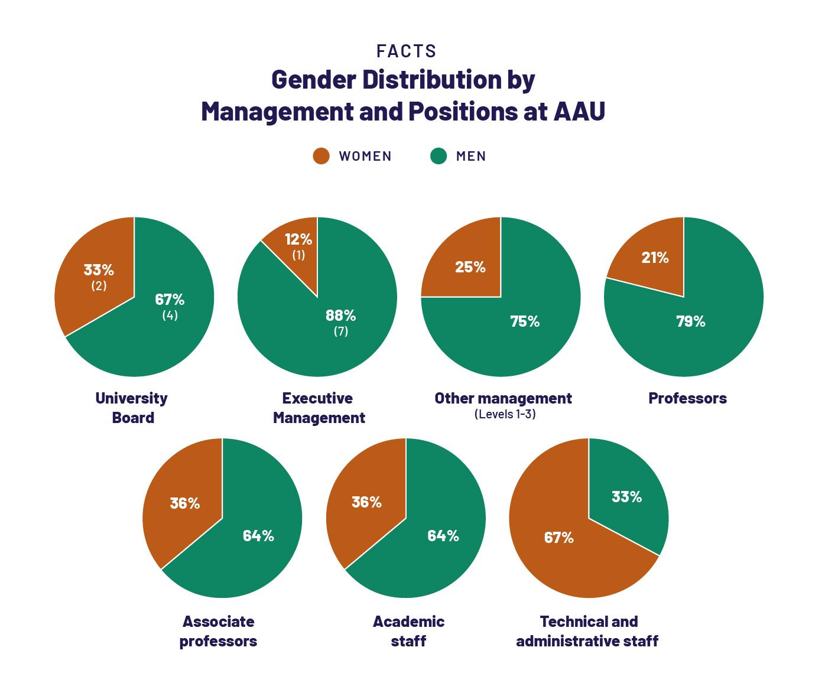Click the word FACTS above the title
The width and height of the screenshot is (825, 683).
(x=406, y=51)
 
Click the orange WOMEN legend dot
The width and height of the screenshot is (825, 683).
(x=321, y=156)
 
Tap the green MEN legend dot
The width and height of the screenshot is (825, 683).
(x=438, y=156)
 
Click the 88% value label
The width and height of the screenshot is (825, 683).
(x=340, y=316)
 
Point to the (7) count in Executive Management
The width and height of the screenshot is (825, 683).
(x=340, y=331)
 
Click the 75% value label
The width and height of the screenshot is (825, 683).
(x=525, y=321)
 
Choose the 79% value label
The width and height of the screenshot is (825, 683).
(x=691, y=321)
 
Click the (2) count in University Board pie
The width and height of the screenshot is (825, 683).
(x=99, y=285)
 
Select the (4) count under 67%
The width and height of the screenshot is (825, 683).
(x=170, y=316)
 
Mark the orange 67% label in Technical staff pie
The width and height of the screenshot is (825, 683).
(x=558, y=538)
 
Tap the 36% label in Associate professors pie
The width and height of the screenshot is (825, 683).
(x=184, y=503)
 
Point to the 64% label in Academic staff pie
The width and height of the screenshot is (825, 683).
(x=443, y=536)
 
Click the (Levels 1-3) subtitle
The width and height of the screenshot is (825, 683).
(x=505, y=414)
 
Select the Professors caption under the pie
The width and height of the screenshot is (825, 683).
(x=687, y=398)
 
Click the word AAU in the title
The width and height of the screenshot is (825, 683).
(x=579, y=111)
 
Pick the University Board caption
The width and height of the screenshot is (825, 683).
(x=132, y=408)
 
